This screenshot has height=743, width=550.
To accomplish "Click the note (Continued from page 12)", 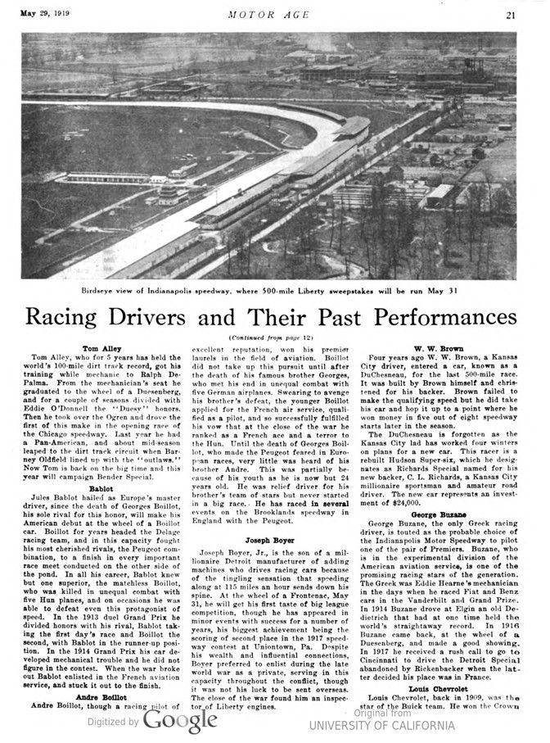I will pos(275,338).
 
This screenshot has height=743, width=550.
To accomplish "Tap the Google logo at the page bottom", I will pos(179,721).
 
